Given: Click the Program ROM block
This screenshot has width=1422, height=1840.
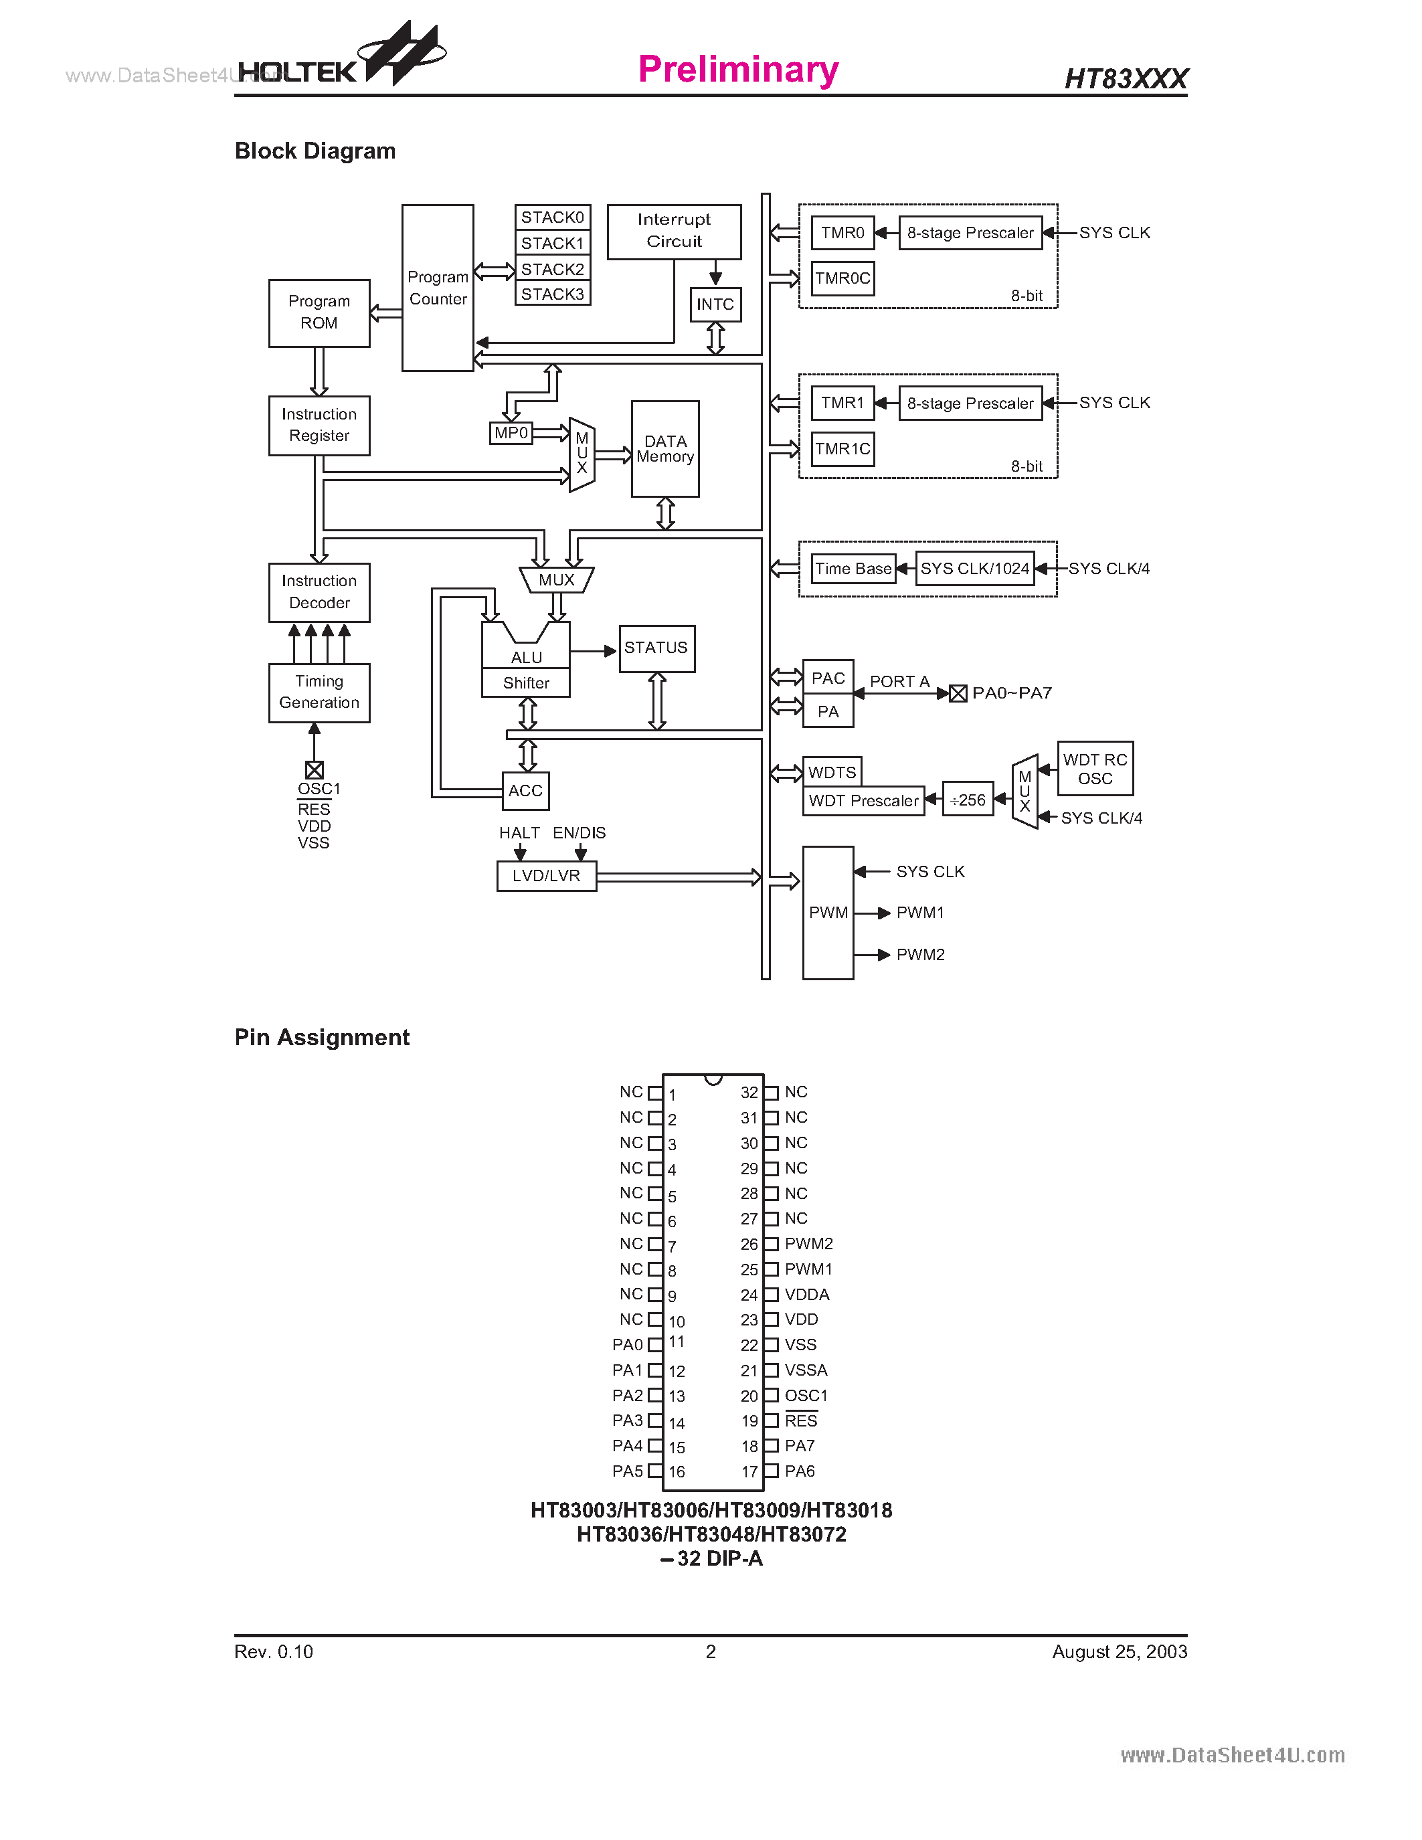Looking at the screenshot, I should click(319, 312).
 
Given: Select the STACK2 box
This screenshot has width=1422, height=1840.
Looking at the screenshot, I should click(552, 269).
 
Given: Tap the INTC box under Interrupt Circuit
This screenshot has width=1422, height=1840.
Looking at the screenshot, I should click(715, 304).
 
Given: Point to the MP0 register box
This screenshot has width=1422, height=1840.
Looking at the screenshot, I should click(511, 433).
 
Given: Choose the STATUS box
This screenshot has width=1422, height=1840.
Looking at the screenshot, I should click(656, 648).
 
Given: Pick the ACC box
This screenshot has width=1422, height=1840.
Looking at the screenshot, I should click(526, 791).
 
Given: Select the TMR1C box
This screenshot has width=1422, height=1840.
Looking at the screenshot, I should click(842, 449).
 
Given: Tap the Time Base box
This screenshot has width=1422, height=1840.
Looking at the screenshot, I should click(853, 569).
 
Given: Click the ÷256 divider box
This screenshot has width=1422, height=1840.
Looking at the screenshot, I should click(967, 800).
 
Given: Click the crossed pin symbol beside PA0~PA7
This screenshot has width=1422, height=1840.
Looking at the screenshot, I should click(958, 693).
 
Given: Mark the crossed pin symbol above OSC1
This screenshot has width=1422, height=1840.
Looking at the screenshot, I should click(315, 770).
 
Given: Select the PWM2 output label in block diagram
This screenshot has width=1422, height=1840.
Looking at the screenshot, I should click(920, 955).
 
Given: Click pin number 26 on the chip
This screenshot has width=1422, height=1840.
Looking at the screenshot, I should click(749, 1245).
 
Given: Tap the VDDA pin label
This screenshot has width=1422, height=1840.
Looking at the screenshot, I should click(807, 1294).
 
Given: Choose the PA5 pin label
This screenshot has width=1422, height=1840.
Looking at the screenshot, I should click(627, 1471).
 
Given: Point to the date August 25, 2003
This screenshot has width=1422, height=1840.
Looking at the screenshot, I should click(1119, 1651).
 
